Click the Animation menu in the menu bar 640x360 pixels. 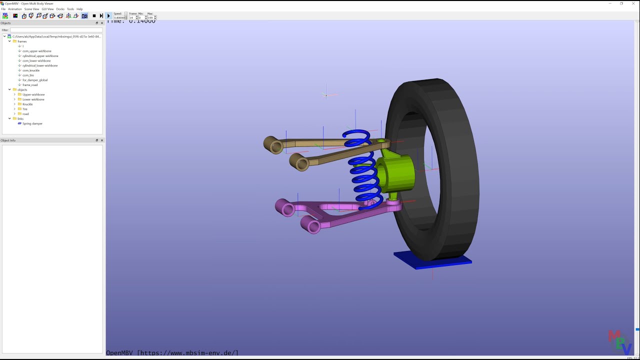(x=15, y=9)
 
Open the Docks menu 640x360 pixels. (x=60, y=9)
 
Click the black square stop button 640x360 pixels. (x=94, y=16)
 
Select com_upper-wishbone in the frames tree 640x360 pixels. (x=36, y=51)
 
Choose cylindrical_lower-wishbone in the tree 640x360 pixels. (x=40, y=65)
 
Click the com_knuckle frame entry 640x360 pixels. (x=31, y=70)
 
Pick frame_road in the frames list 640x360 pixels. (x=30, y=85)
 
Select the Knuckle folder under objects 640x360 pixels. (x=27, y=104)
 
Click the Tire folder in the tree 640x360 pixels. (x=25, y=109)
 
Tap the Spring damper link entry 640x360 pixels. (x=32, y=123)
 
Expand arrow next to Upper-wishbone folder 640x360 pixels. (x=14, y=94)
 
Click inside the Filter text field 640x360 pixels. (x=56, y=30)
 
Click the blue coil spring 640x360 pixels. (x=362, y=170)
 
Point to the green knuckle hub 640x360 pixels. (x=397, y=172)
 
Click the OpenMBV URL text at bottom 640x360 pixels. (x=172, y=353)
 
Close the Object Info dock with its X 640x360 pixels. (x=102, y=140)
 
